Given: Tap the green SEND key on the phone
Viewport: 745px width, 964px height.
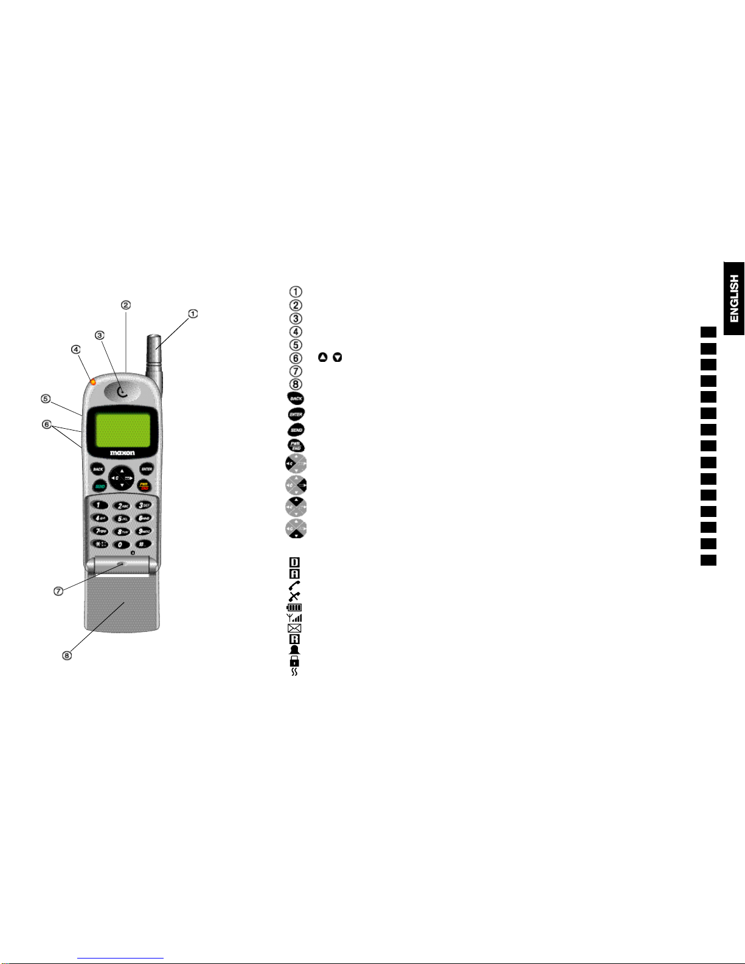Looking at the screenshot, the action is tap(99, 486).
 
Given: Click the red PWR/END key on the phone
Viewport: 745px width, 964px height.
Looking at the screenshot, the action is tap(145, 485).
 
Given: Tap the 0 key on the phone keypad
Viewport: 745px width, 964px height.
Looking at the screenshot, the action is tap(122, 544).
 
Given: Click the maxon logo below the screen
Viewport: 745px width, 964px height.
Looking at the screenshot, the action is tap(122, 453).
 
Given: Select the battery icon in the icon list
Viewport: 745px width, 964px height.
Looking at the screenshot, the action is tap(294, 607).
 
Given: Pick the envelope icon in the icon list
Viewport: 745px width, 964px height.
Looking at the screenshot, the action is tap(294, 628).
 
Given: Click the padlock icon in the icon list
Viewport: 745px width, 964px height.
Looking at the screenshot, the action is tap(294, 661).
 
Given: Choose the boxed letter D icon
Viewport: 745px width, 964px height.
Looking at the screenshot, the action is tap(294, 563).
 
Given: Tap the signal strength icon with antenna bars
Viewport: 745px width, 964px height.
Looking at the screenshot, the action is tap(294, 617).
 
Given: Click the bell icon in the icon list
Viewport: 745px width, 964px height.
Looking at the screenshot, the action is tap(294, 650).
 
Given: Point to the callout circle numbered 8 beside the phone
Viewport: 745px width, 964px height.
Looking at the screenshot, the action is tap(67, 655).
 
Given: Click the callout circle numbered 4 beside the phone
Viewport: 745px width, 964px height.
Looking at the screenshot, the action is tap(75, 350).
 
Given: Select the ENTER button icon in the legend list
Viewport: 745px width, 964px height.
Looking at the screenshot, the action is tap(296, 414).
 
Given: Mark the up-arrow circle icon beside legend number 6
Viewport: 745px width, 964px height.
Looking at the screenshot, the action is tap(322, 358).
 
